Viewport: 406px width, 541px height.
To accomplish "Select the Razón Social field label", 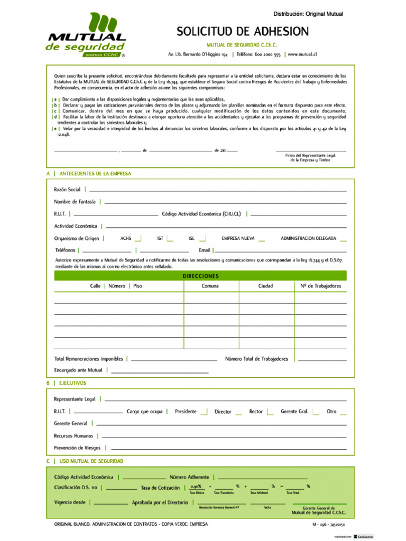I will click(x=67, y=189).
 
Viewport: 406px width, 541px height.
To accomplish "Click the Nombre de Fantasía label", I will click(x=75, y=201).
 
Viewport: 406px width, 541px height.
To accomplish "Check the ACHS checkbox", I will click(x=138, y=238).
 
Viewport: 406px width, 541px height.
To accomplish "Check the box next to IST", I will click(x=170, y=238).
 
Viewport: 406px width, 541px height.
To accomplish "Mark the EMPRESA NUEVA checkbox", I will click(x=261, y=238).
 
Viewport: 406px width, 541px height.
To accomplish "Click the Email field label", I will click(x=205, y=250).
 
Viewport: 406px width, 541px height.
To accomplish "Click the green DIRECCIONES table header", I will click(x=200, y=276).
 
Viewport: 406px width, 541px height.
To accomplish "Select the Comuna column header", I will click(x=210, y=286).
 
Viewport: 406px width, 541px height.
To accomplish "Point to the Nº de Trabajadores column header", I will click(x=320, y=286).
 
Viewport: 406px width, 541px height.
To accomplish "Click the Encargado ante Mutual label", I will click(x=78, y=370).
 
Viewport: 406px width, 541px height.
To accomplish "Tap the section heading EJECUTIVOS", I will click(x=72, y=383).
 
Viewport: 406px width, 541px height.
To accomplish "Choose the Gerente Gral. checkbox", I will click(x=316, y=412).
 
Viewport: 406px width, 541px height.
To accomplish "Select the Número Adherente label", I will click(x=189, y=477).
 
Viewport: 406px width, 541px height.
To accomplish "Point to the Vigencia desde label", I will click(x=69, y=502).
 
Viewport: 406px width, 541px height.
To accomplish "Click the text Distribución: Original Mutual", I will click(x=308, y=14).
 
